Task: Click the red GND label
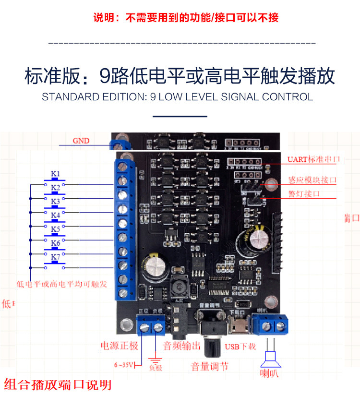click(x=81, y=141)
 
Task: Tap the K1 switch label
click(x=56, y=173)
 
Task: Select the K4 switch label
click(x=56, y=215)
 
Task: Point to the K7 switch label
click(x=56, y=257)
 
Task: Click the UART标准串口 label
click(x=313, y=159)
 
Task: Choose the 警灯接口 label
click(x=304, y=194)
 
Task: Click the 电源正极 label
click(x=119, y=346)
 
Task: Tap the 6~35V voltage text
click(x=124, y=365)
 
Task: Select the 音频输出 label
click(x=182, y=346)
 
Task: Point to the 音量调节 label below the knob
click(x=210, y=367)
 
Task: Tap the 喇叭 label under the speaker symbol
click(x=269, y=373)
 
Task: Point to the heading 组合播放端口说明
click(x=58, y=384)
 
